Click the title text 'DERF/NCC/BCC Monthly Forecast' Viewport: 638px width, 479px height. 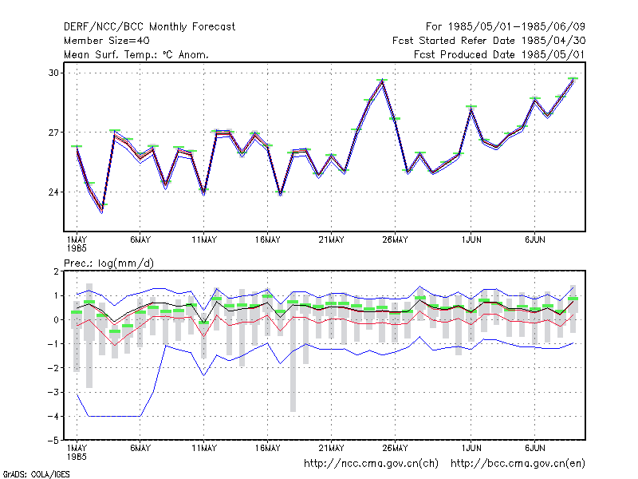click(149, 27)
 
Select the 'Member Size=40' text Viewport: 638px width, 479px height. click(107, 41)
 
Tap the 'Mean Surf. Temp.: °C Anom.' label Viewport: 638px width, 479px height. click(136, 54)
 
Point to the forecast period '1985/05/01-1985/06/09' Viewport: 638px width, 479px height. click(516, 27)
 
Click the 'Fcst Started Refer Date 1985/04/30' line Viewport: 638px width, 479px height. click(489, 41)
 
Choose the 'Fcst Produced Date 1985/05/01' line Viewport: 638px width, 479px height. click(499, 54)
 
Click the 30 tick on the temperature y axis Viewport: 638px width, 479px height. click(53, 73)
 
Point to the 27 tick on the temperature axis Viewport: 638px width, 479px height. click(53, 133)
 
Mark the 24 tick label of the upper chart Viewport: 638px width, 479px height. click(53, 192)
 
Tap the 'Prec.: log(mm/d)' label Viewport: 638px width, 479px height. click(108, 263)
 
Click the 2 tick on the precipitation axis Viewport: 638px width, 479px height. click(56, 271)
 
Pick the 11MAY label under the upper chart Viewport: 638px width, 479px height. click(204, 240)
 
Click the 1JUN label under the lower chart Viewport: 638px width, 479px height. click(471, 448)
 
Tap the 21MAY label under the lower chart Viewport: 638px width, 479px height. click(331, 448)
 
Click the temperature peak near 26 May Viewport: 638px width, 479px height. click(382, 81)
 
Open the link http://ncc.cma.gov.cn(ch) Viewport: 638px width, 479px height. click(372, 464)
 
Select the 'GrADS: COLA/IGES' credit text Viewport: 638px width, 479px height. click(36, 474)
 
